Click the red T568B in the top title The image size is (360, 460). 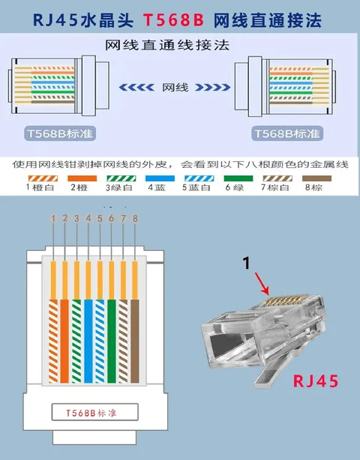173,20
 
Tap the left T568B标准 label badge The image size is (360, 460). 60,133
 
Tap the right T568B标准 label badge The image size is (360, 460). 287,133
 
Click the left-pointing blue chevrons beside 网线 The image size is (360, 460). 136,87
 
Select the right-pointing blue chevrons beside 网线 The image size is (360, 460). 213,87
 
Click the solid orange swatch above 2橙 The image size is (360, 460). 82,178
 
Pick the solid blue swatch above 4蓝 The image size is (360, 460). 160,178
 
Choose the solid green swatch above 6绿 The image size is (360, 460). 238,178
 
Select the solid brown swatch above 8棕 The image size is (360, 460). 316,178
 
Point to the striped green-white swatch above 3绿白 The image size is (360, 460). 121,178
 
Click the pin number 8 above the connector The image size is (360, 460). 135,218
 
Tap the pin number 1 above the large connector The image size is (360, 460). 53,218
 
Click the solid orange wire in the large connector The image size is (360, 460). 64,341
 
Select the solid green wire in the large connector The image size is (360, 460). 112,341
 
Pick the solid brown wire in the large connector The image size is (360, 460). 135,341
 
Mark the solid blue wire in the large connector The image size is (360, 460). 88,341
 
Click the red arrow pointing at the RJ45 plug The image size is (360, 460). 262,284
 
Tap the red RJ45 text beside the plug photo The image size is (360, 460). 316,381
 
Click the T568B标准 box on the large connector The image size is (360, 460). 94,412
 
